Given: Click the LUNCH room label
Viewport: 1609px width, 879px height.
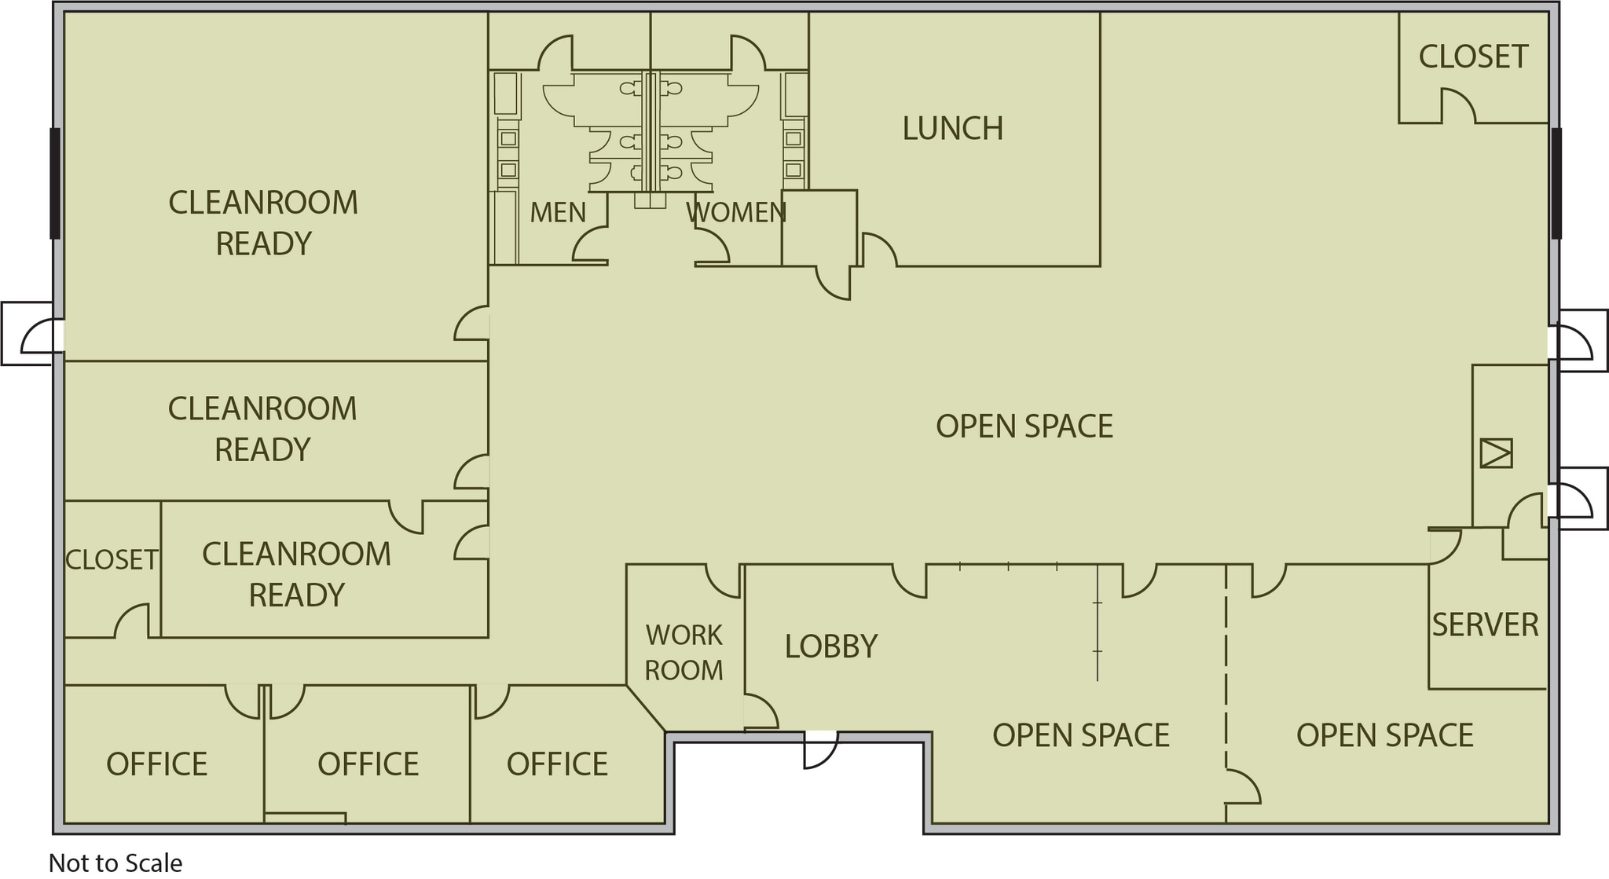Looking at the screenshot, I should point(952,129).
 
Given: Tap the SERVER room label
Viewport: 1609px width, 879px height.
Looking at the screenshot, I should point(1485,625).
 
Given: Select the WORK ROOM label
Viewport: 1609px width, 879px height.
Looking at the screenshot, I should point(684,652).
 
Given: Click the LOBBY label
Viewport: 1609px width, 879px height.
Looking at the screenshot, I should point(830,646).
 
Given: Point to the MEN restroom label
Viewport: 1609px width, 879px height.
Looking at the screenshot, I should point(557,212).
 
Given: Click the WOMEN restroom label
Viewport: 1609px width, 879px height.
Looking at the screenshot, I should point(735,212).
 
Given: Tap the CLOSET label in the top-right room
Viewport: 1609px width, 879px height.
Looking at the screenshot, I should point(1473,57).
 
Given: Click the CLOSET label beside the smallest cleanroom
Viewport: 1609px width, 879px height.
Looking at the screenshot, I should point(112,560).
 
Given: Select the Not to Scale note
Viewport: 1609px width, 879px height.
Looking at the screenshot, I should point(115,863).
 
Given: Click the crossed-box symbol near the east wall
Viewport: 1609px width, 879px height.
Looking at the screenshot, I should point(1496,454).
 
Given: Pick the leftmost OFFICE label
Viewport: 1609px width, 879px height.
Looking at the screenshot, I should point(156,764).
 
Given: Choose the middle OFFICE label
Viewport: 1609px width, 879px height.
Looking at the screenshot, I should point(368,764).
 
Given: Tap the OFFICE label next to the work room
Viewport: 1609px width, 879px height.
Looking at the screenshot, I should point(556,764).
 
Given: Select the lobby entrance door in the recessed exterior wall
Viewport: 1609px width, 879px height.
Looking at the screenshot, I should point(821,749).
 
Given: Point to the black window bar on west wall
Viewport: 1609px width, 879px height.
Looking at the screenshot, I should point(55,183).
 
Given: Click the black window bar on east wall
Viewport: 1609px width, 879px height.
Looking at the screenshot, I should point(1556,183).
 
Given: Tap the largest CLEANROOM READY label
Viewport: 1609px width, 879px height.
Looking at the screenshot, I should point(263,223).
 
